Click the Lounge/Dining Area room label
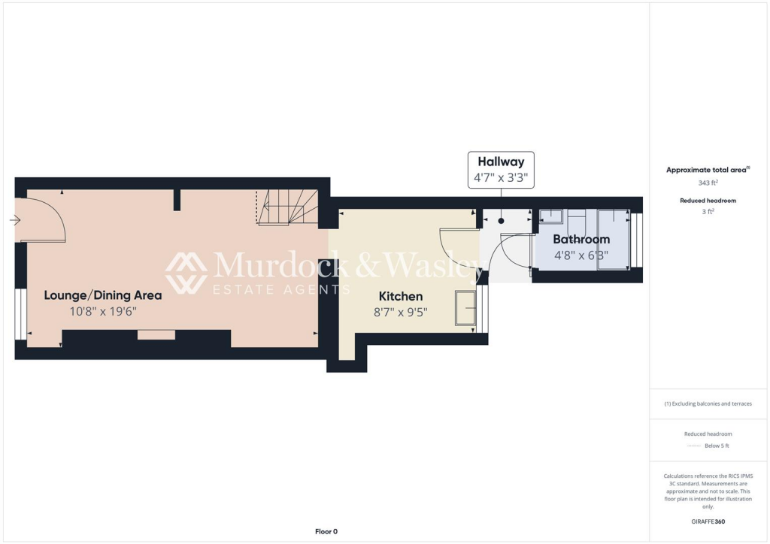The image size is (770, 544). [x=103, y=295]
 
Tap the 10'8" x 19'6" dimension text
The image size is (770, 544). [x=103, y=311]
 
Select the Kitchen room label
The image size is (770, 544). [x=400, y=296]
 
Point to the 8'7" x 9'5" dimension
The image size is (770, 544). [x=400, y=312]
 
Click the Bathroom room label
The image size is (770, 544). [x=581, y=240]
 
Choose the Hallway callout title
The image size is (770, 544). [x=501, y=162]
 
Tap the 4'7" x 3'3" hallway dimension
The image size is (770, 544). [x=501, y=179]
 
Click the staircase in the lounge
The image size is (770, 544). [x=289, y=207]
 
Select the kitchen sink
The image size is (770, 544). [x=465, y=307]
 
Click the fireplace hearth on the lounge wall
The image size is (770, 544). [x=156, y=335]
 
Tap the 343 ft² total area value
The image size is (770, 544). [x=708, y=183]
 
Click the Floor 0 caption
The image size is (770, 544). [x=326, y=531]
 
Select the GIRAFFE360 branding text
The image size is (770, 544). [x=708, y=521]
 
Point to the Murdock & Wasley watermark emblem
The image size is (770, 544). [x=186, y=273]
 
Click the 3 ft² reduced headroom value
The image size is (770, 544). [x=708, y=212]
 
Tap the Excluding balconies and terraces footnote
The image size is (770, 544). [x=708, y=403]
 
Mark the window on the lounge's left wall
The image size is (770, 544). [x=20, y=315]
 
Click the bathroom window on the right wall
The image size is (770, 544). [x=637, y=240]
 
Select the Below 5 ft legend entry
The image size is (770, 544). [x=716, y=446]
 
